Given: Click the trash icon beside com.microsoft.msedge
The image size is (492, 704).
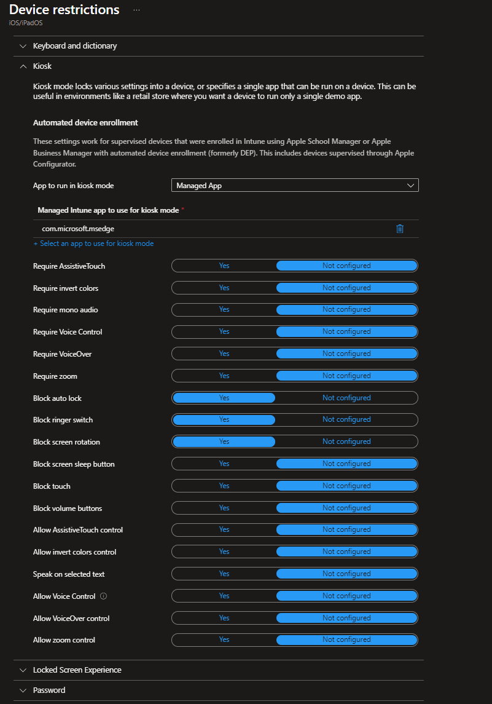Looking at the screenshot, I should [x=400, y=229].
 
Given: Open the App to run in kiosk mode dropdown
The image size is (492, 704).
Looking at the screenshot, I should [x=295, y=185].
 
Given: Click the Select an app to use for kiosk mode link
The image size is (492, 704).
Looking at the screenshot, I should [x=93, y=243].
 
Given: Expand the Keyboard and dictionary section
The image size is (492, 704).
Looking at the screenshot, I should [x=74, y=46].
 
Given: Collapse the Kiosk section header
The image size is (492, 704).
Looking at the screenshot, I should [x=42, y=66].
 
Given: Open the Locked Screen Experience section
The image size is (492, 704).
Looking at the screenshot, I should [x=77, y=670].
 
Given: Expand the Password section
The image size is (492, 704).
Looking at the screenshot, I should [x=49, y=690].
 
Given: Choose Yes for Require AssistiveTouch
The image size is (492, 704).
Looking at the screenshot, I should [x=224, y=266].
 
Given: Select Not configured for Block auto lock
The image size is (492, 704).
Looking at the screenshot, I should [x=346, y=398].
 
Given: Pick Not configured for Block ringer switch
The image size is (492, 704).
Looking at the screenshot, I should [x=346, y=419].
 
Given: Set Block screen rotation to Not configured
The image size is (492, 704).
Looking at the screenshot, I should [x=346, y=441].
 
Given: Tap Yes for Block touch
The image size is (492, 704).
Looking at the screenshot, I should [x=224, y=486].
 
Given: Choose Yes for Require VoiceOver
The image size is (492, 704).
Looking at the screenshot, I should [x=224, y=354].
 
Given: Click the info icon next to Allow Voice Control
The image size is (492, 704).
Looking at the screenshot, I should [x=103, y=596].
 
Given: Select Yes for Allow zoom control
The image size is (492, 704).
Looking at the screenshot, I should [x=224, y=639].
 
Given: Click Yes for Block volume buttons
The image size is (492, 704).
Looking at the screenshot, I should [x=224, y=508].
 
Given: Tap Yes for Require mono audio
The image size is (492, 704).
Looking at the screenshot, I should [x=224, y=309].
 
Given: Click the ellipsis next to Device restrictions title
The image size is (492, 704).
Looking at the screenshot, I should [x=136, y=10].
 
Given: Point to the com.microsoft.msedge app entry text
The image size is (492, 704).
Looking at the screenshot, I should [x=77, y=229].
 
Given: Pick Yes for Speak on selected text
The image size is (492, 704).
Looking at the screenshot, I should [x=224, y=574].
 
